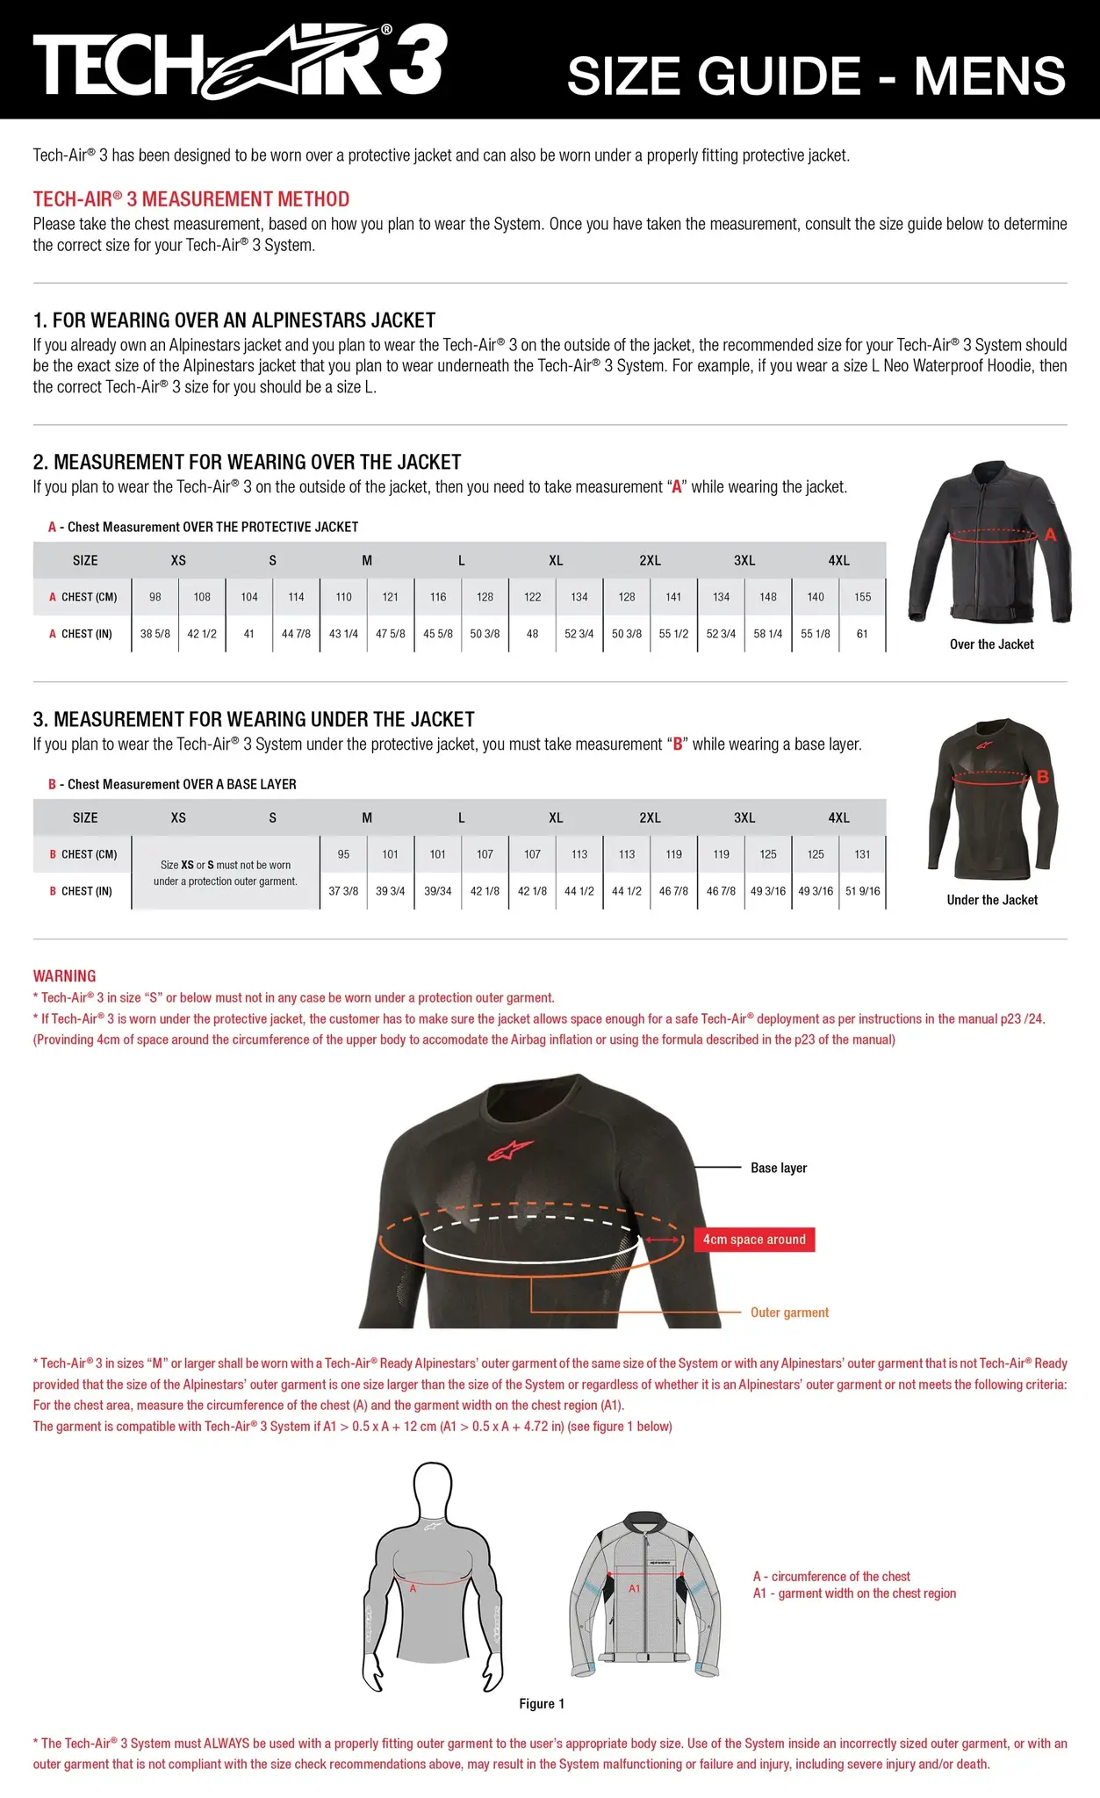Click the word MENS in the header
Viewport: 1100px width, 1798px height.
click(989, 76)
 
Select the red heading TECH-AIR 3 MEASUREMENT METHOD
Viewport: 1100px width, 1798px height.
click(191, 199)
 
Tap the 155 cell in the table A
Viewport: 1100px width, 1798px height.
click(862, 597)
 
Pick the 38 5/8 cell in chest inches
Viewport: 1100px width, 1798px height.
click(155, 634)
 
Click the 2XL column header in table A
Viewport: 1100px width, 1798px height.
click(650, 560)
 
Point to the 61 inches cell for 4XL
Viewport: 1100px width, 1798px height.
click(862, 634)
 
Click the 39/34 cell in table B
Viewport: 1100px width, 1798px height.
click(437, 891)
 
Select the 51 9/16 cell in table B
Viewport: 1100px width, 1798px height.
click(862, 891)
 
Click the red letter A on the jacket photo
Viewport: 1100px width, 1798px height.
click(1050, 535)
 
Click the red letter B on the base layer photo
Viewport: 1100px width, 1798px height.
click(1043, 776)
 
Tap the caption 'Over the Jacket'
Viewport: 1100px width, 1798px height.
click(991, 644)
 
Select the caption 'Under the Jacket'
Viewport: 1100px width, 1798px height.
click(992, 900)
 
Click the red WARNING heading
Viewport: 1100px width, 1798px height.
click(64, 976)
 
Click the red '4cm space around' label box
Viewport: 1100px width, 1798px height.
click(754, 1240)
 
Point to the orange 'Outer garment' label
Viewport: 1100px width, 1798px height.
click(789, 1313)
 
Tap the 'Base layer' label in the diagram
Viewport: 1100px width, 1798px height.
click(779, 1168)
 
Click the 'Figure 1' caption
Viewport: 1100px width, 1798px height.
click(542, 1703)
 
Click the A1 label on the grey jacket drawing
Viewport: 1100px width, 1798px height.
click(635, 1588)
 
